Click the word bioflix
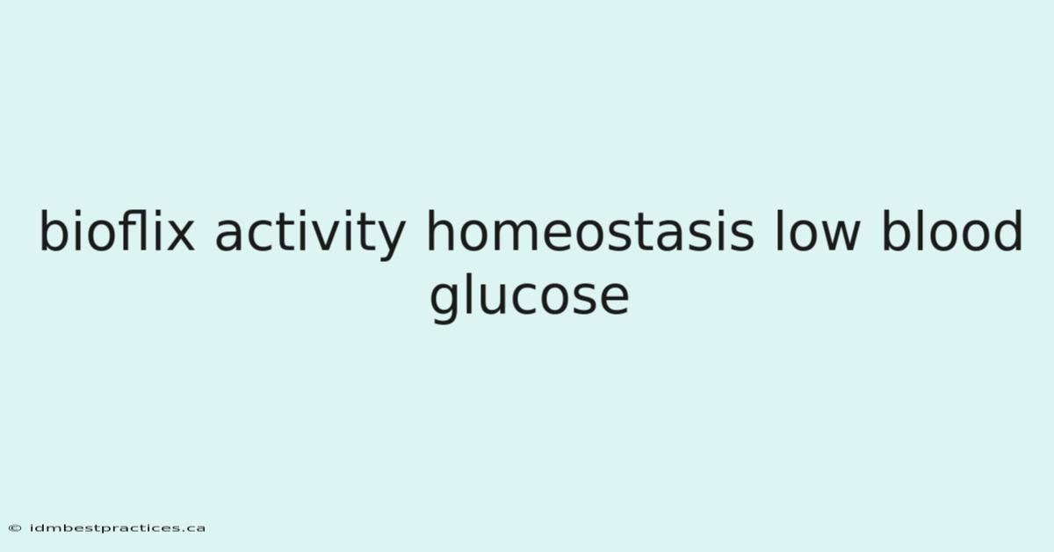(x=117, y=231)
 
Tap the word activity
(x=310, y=235)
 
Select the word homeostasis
(x=590, y=231)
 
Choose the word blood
(x=952, y=231)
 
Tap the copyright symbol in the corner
(x=15, y=528)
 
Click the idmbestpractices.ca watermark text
(x=117, y=528)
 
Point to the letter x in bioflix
(x=180, y=236)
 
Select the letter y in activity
(x=391, y=241)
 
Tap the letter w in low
(x=841, y=236)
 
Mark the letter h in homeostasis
(x=440, y=231)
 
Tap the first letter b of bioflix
(x=54, y=231)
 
